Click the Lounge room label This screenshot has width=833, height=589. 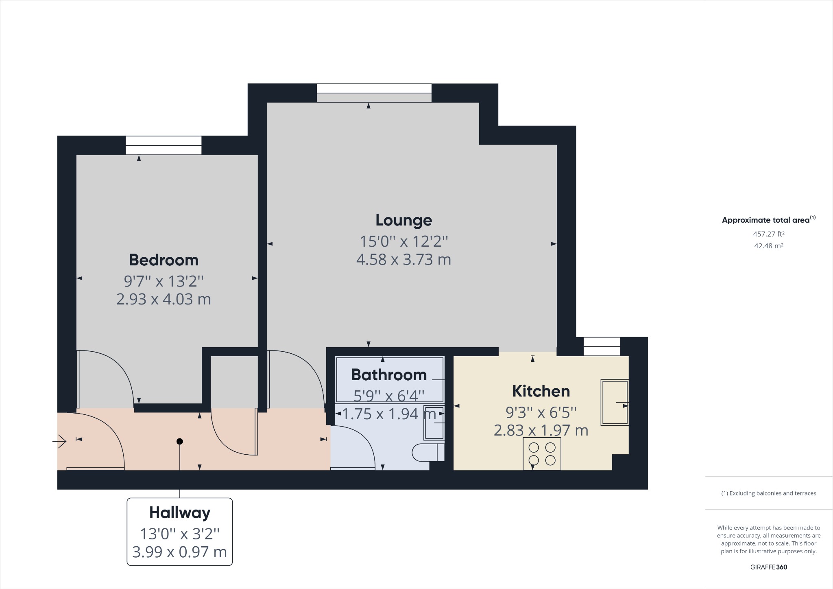[403, 220]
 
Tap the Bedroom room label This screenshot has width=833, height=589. [164, 260]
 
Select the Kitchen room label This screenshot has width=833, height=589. [541, 391]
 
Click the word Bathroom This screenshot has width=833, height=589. [389, 375]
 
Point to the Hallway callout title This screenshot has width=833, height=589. [179, 512]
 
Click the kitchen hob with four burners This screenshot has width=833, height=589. [542, 453]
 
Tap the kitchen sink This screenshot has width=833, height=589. [615, 402]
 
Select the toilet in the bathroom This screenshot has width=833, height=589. [427, 452]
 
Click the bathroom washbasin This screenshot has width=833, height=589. [434, 423]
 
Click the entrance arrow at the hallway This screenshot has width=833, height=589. [60, 441]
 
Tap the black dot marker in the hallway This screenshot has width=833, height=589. [180, 441]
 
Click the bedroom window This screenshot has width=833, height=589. [163, 145]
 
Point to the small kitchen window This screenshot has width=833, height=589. [602, 346]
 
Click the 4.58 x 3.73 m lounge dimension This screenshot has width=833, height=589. [403, 260]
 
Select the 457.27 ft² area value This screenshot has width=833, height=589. [768, 234]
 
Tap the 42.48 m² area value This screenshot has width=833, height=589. [768, 246]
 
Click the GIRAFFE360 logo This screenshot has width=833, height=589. [768, 567]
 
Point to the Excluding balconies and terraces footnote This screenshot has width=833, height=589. [768, 493]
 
